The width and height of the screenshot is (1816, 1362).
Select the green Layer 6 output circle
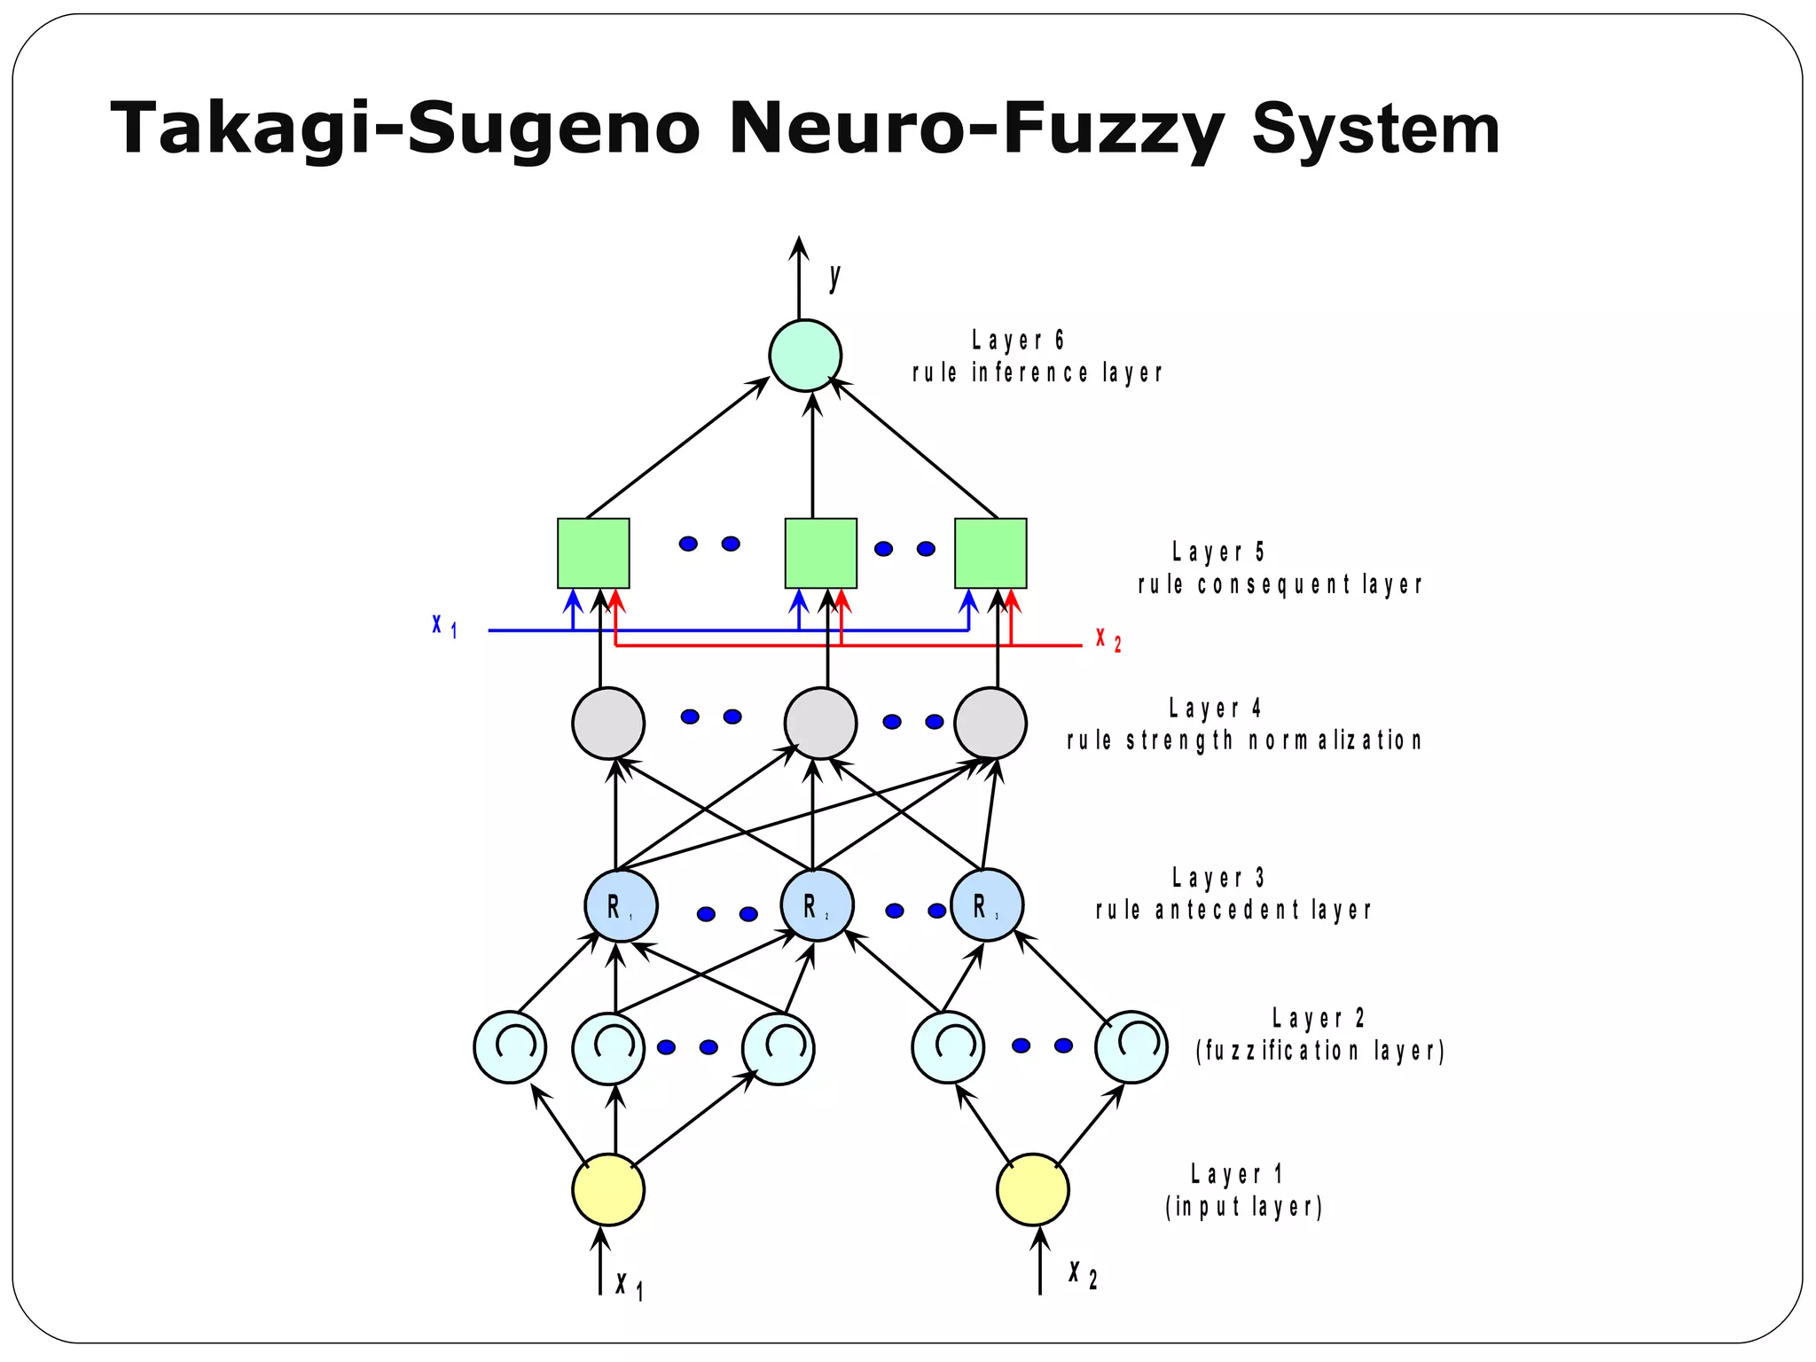click(804, 355)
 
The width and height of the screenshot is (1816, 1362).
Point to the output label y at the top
click(834, 278)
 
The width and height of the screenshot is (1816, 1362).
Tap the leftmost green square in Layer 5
click(593, 553)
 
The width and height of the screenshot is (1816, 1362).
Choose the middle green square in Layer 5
click(820, 553)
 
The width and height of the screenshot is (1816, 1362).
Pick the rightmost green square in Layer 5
click(990, 553)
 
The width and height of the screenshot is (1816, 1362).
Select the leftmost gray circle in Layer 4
click(608, 723)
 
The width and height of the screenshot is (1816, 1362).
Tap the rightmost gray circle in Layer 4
click(990, 723)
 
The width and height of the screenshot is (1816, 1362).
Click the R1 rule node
click(621, 905)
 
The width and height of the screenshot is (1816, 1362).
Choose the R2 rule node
click(817, 905)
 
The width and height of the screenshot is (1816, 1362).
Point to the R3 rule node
click(987, 905)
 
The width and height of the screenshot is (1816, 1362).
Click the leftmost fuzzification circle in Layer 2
click(510, 1047)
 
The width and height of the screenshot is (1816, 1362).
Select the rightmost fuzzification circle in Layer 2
click(1131, 1047)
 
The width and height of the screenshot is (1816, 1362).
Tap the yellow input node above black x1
click(608, 1190)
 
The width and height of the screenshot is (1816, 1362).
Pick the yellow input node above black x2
click(1032, 1190)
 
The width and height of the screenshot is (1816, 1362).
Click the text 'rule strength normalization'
click(1244, 740)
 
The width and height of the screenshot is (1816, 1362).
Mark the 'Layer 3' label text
click(1217, 878)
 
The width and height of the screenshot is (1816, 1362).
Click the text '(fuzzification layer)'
click(1320, 1051)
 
